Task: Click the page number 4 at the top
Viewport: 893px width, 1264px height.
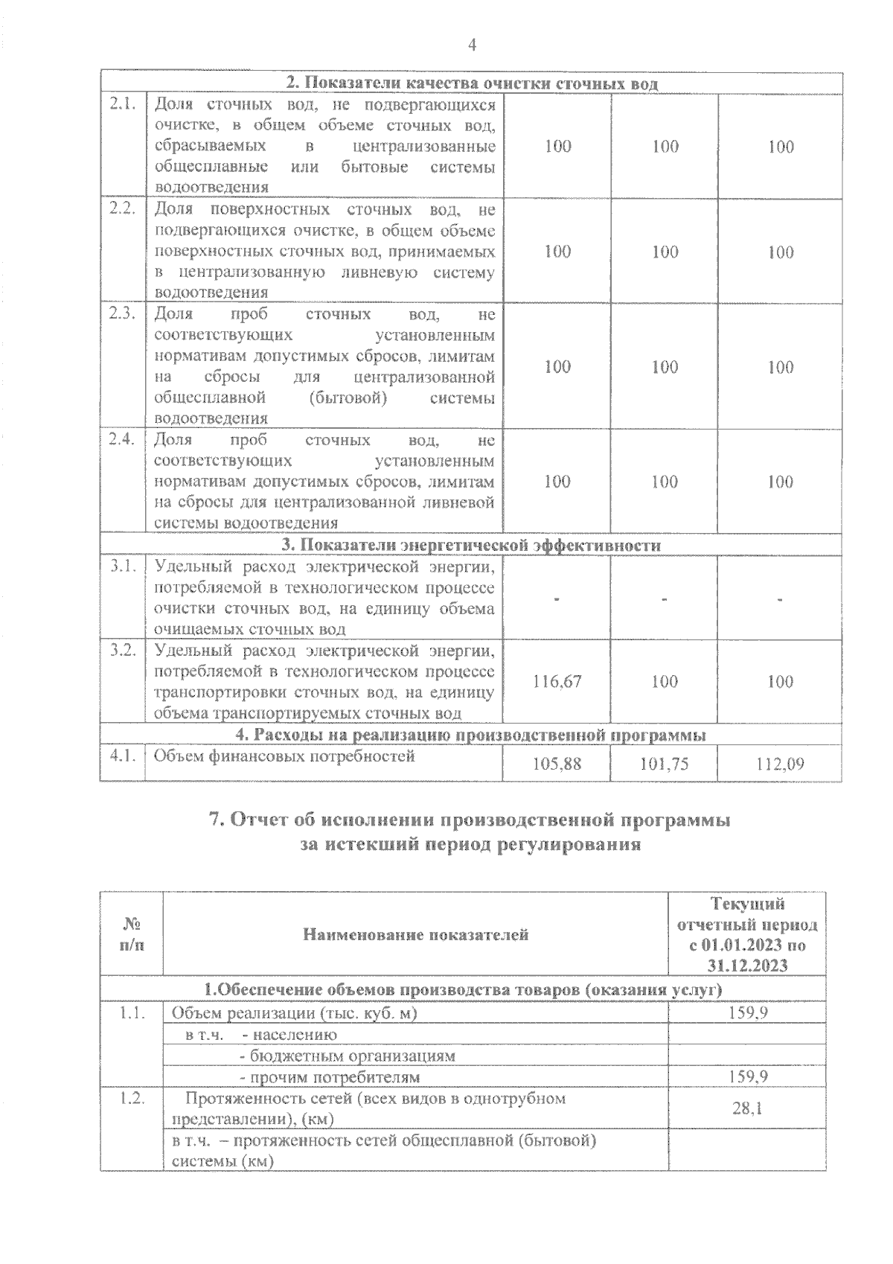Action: click(471, 45)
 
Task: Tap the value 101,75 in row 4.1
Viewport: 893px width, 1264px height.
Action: click(664, 763)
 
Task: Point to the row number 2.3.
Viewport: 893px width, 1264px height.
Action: click(122, 313)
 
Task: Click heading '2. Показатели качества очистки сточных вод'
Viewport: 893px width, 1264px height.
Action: click(472, 83)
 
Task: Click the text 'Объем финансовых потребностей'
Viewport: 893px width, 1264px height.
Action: click(284, 756)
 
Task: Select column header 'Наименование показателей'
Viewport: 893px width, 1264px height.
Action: click(415, 934)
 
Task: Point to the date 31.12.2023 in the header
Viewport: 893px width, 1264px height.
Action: click(748, 965)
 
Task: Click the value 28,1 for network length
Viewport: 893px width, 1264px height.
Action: click(747, 1108)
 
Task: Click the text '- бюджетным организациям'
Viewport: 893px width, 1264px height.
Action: click(347, 1056)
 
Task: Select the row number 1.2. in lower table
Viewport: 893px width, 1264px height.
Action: click(131, 1099)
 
